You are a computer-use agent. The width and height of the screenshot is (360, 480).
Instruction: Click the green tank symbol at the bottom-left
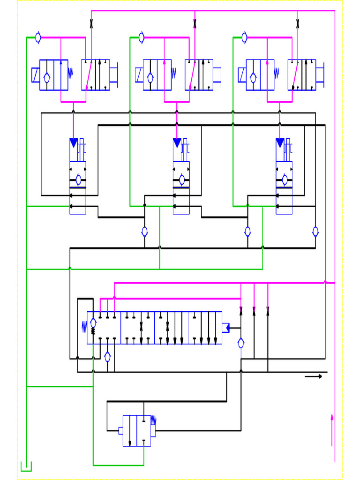26,466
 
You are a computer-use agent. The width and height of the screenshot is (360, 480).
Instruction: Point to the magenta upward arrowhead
332,417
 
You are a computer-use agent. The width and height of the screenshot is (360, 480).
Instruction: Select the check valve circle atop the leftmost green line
38,37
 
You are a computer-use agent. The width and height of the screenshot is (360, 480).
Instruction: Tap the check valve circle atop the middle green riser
141,37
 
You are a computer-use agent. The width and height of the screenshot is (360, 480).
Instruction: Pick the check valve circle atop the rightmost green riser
244,37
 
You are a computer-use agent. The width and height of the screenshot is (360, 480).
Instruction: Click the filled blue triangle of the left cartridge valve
74,143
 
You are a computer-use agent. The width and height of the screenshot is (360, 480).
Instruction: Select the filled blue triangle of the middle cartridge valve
177,143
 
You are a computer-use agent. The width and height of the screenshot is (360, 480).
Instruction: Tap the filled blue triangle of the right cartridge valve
280,143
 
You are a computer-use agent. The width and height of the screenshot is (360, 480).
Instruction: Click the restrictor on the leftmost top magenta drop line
91,24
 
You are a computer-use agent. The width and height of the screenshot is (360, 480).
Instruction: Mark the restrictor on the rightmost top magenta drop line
298,24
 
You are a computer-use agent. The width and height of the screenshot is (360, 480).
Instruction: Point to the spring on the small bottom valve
153,420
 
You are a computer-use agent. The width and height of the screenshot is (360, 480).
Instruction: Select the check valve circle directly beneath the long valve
107,357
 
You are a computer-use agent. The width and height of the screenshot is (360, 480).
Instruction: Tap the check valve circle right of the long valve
241,343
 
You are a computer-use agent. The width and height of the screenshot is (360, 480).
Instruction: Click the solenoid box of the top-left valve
36,75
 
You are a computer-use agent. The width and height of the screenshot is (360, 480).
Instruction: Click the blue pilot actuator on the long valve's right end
225,328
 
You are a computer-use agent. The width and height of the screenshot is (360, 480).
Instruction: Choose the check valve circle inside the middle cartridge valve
182,180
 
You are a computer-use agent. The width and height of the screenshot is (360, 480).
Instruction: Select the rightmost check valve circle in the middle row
315,232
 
